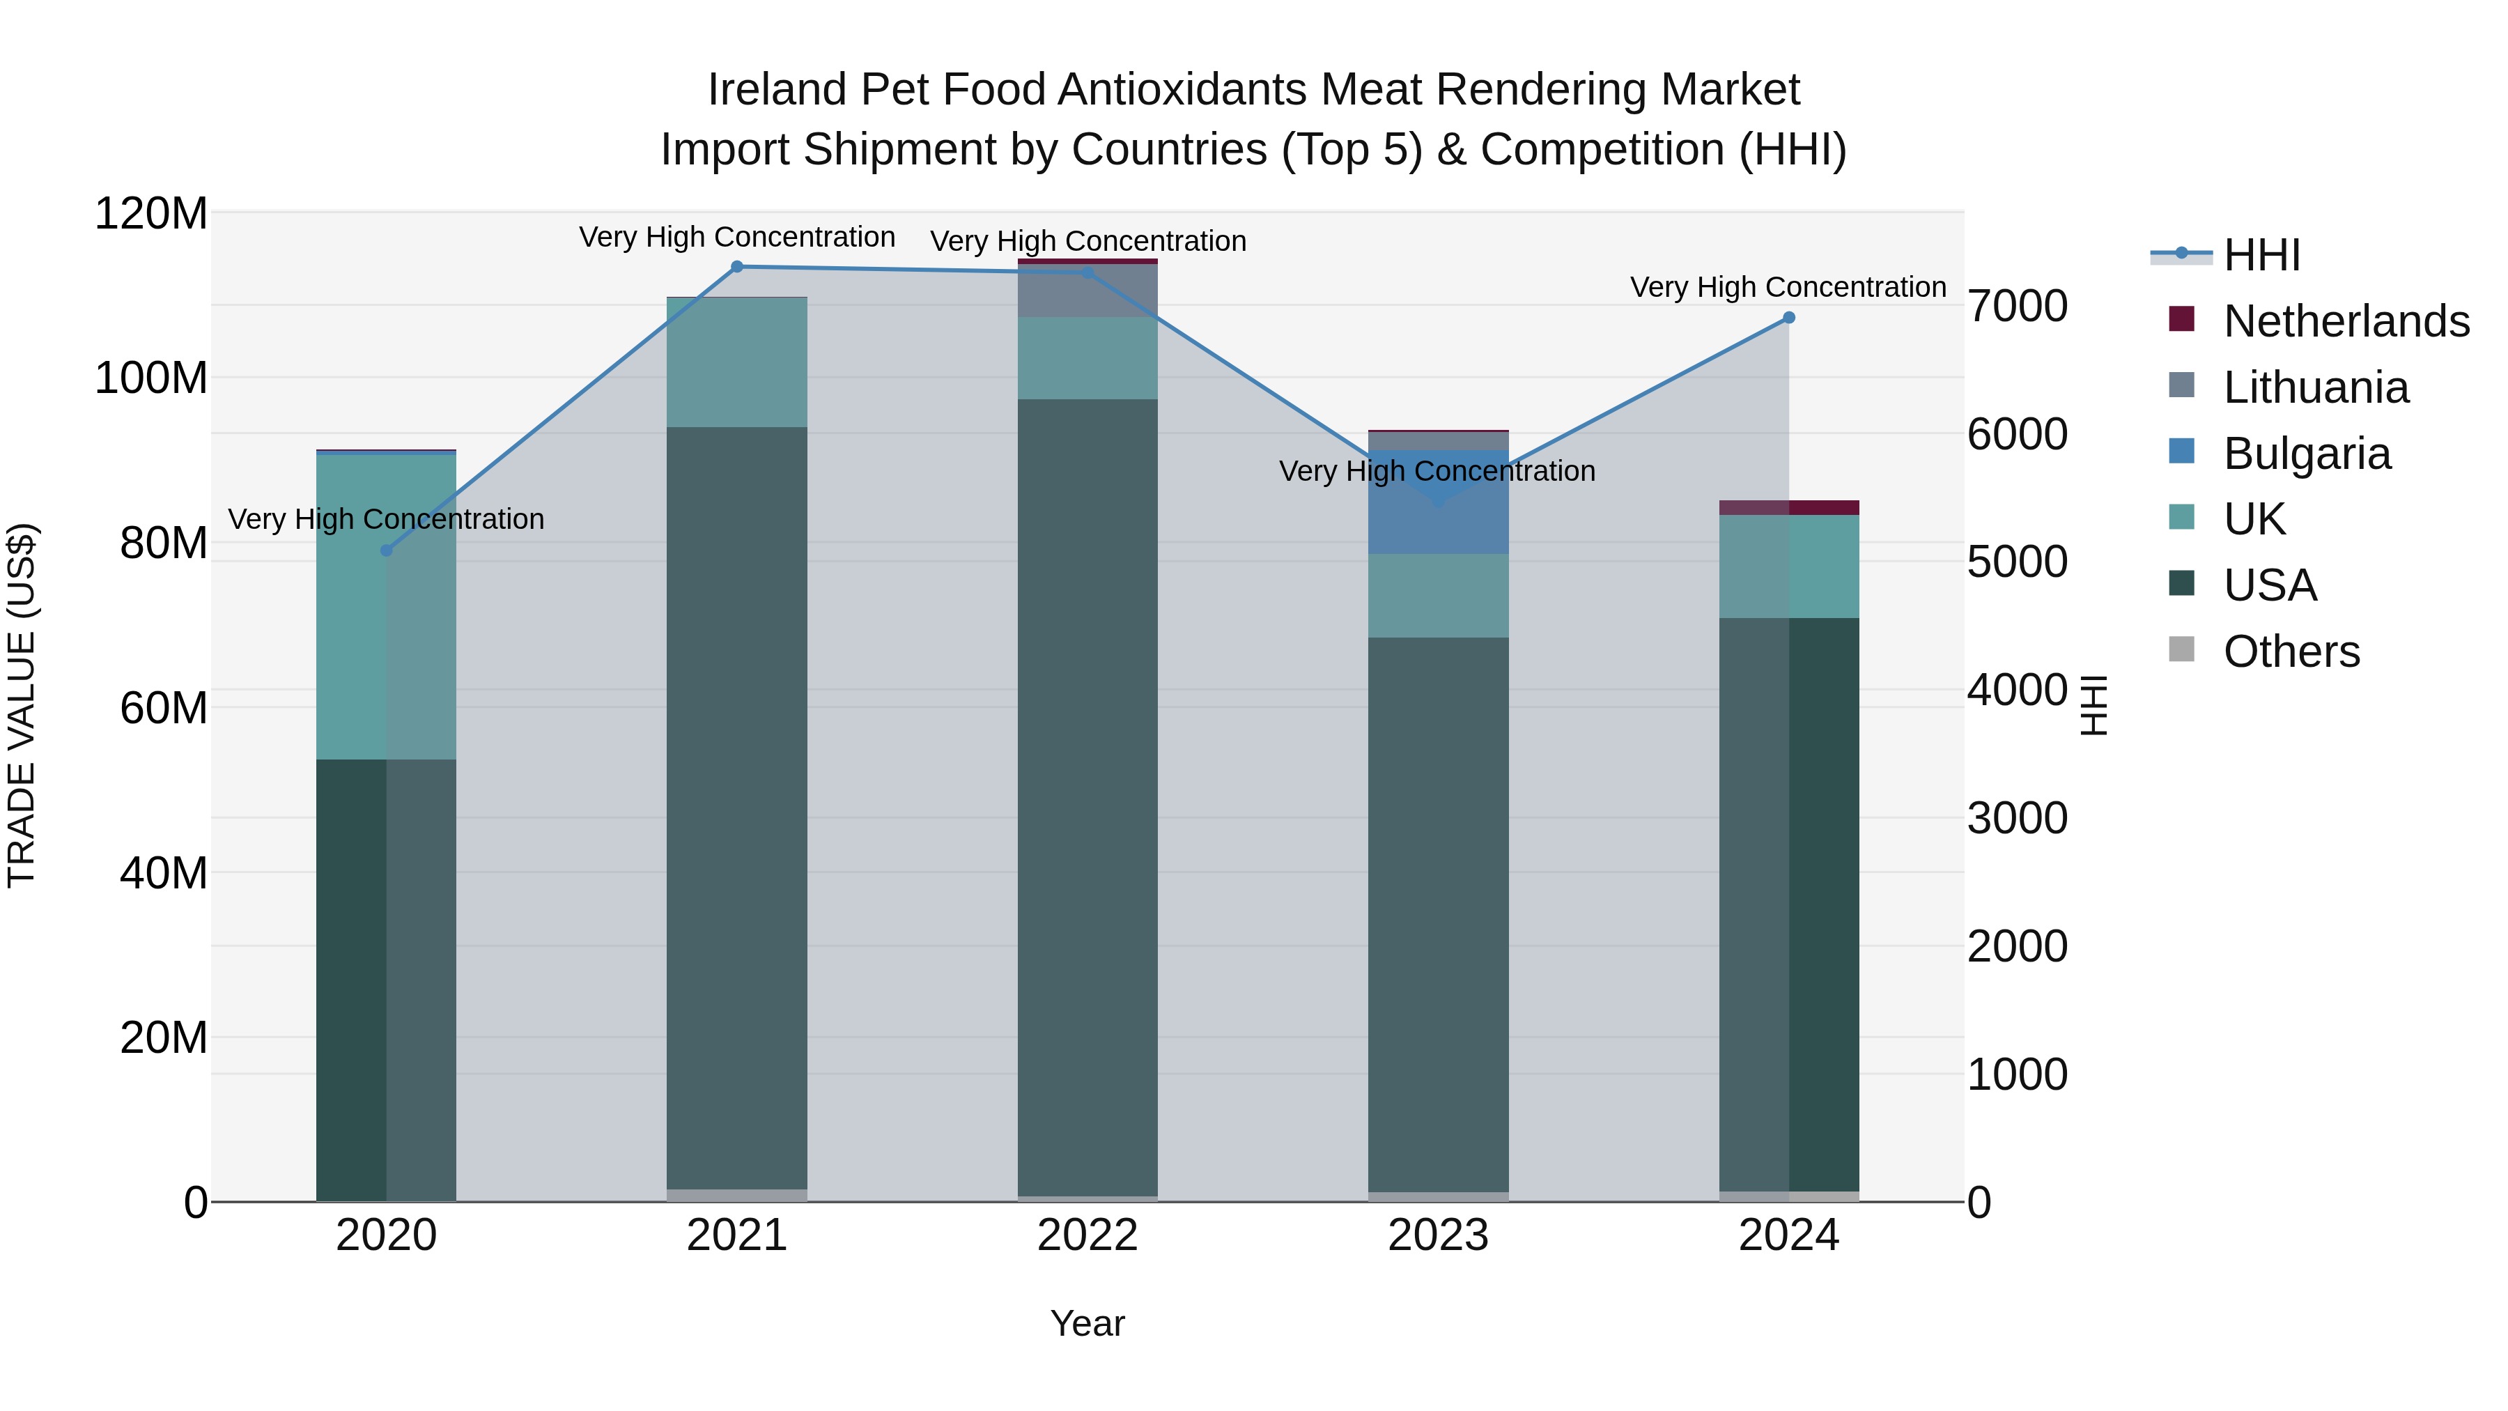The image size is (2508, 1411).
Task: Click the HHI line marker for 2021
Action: pos(737,267)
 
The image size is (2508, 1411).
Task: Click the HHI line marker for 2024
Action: pos(1788,318)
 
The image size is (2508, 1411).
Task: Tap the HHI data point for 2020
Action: pos(387,550)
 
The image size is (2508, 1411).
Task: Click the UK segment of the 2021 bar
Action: pos(737,362)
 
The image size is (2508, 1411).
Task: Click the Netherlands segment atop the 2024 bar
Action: pos(1788,507)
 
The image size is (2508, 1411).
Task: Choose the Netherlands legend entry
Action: pos(2346,321)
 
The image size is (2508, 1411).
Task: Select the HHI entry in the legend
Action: pos(2261,255)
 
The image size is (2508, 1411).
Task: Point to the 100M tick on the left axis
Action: pos(151,378)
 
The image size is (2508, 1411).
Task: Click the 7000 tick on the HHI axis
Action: pos(2018,306)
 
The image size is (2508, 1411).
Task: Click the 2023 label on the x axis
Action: pos(1438,1235)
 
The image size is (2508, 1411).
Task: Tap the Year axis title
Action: pos(1087,1323)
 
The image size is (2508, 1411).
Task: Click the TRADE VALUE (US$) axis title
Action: pos(22,705)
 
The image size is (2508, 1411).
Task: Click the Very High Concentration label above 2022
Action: pos(1087,242)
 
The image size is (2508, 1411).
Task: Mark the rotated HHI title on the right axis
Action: pos(2094,705)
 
